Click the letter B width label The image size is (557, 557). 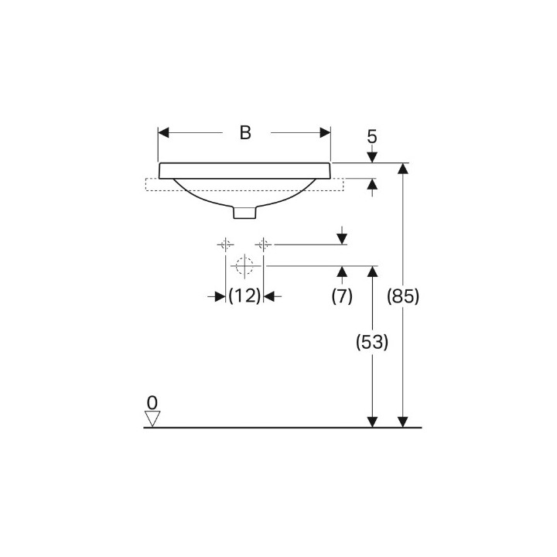pyautogui.click(x=245, y=132)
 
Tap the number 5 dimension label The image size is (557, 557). pyautogui.click(x=372, y=137)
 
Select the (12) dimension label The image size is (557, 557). pyautogui.click(x=244, y=296)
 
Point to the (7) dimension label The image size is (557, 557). pyautogui.click(x=342, y=296)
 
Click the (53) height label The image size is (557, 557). pyautogui.click(x=372, y=342)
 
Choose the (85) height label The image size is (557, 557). pyautogui.click(x=403, y=296)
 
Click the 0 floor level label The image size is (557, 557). pyautogui.click(x=152, y=403)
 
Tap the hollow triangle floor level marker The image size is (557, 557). pyautogui.click(x=152, y=419)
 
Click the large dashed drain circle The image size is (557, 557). pyautogui.click(x=244, y=265)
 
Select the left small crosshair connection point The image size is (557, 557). pyautogui.click(x=226, y=244)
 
